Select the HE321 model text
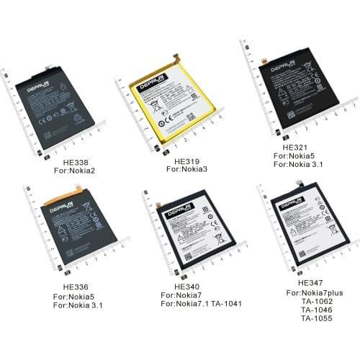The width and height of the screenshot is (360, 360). [287, 146]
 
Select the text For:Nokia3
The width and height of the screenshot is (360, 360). [188, 171]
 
